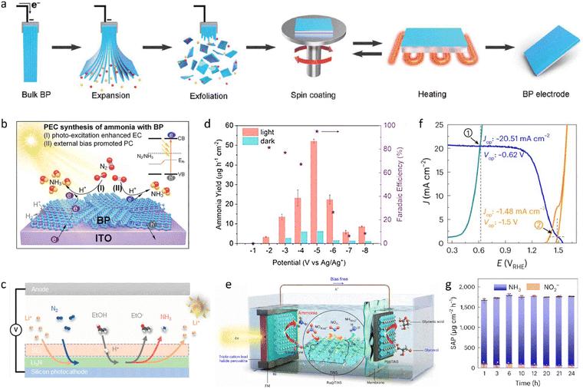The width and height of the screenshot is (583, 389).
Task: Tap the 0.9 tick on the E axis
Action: coord(505,250)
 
